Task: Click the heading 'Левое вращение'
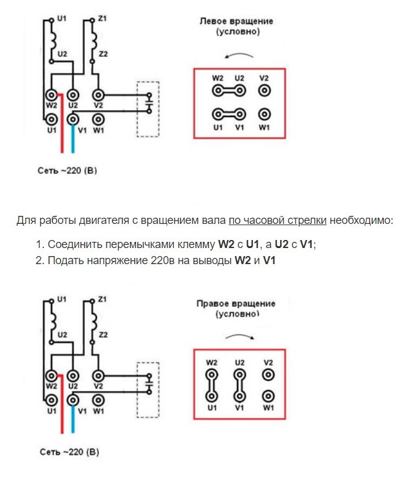(236, 21)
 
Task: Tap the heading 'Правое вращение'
(236, 304)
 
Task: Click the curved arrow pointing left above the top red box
(239, 55)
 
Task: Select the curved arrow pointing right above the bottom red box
(239, 336)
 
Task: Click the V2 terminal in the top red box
(265, 90)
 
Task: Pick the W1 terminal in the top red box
(265, 114)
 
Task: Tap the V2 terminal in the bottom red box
(268, 375)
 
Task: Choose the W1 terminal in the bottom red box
(268, 396)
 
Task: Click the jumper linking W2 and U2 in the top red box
(229, 90)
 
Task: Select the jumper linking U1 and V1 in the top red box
(229, 114)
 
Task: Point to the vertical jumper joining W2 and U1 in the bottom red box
(211, 385)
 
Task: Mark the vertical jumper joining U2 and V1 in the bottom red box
(239, 385)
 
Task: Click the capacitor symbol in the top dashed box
(149, 103)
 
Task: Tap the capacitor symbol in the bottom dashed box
(149, 384)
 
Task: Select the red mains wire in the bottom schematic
(62, 404)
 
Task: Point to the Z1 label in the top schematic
(103, 19)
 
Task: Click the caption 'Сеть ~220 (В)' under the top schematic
(67, 171)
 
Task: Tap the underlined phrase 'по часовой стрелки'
(278, 220)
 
